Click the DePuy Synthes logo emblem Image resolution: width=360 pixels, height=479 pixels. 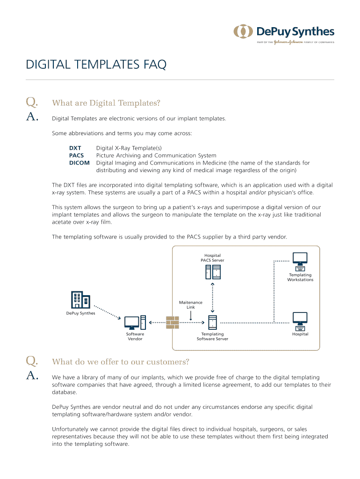tap(243, 32)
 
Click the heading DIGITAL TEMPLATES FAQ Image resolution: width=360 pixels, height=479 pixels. tap(96, 65)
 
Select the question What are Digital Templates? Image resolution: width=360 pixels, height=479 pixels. tap(106, 102)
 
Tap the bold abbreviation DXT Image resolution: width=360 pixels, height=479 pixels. tap(75, 148)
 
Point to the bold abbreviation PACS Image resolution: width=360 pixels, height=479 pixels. tap(77, 155)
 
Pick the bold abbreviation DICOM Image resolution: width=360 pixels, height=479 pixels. tap(79, 163)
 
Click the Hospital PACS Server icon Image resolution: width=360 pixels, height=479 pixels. tap(213, 272)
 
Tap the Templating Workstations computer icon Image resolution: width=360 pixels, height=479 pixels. tap(300, 260)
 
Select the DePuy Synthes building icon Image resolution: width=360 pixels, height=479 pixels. tap(80, 299)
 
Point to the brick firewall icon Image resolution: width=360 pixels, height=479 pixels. tap(173, 322)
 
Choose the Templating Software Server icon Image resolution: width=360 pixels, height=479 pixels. tap(213, 322)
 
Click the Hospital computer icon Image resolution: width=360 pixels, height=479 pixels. tap(300, 320)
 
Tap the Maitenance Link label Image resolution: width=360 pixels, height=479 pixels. tap(191, 305)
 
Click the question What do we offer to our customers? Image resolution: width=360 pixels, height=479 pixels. tap(121, 362)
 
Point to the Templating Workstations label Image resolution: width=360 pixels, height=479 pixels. tap(300, 277)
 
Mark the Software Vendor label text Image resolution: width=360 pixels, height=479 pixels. tap(135, 336)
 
